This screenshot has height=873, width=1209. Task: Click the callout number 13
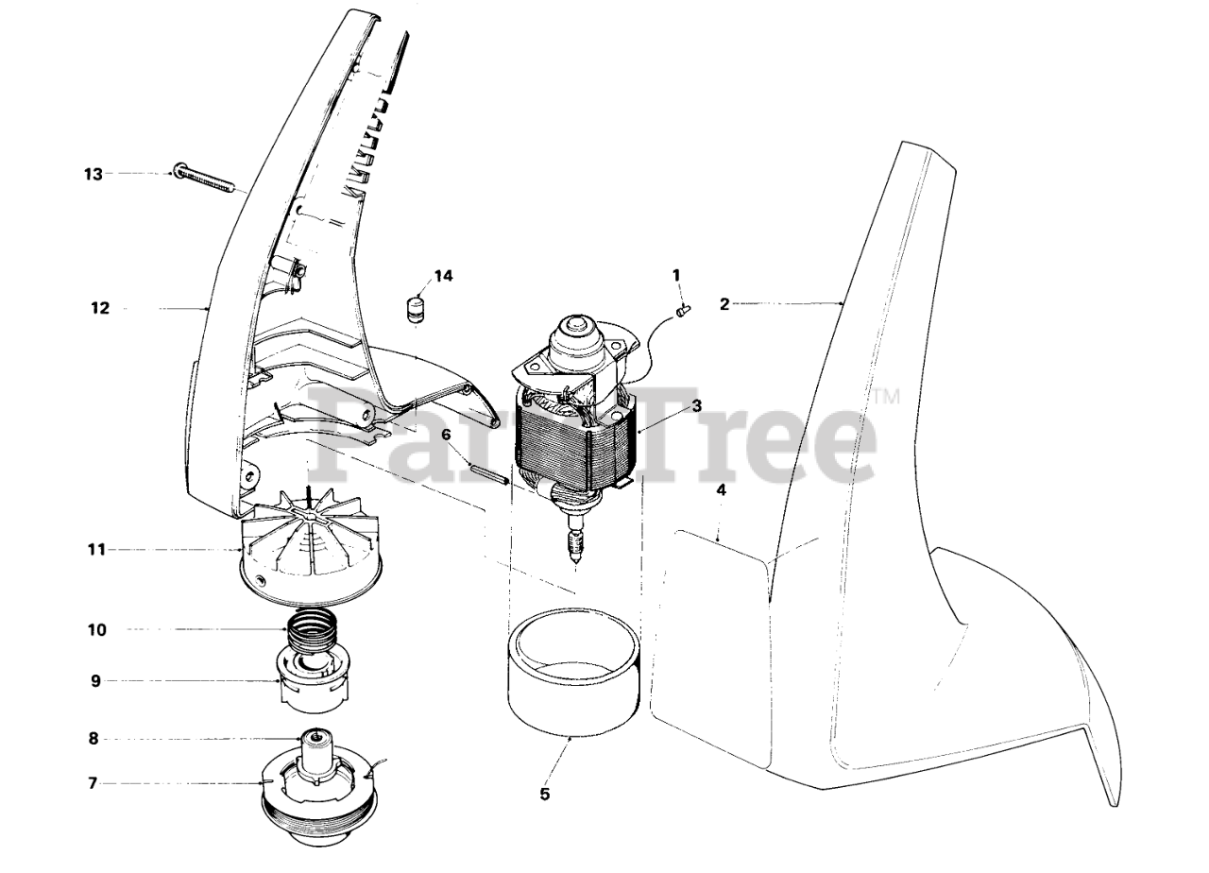92,174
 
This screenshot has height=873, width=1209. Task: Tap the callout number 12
100,308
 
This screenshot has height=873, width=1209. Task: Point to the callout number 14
443,276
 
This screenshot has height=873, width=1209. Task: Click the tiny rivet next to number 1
684,307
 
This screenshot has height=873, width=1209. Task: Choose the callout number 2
724,304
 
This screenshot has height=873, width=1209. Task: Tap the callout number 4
721,491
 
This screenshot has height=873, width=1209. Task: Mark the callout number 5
545,795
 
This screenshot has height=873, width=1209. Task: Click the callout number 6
446,436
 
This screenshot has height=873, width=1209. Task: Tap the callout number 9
95,680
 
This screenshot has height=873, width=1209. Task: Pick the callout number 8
94,739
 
